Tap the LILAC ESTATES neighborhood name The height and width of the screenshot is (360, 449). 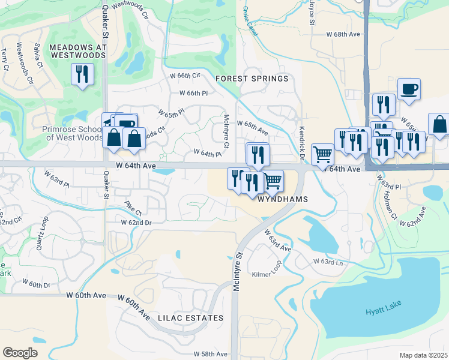click(x=190, y=318)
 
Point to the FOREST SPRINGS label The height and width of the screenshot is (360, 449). click(x=252, y=79)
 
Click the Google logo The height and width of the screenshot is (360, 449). click(x=20, y=353)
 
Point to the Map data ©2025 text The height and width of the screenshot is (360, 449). click(x=423, y=355)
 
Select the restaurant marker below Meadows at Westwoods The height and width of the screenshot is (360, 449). click(x=81, y=74)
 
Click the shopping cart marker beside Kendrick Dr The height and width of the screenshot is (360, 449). click(x=323, y=155)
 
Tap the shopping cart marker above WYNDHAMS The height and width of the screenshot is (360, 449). click(x=273, y=180)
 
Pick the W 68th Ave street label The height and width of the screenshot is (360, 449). click(x=343, y=34)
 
